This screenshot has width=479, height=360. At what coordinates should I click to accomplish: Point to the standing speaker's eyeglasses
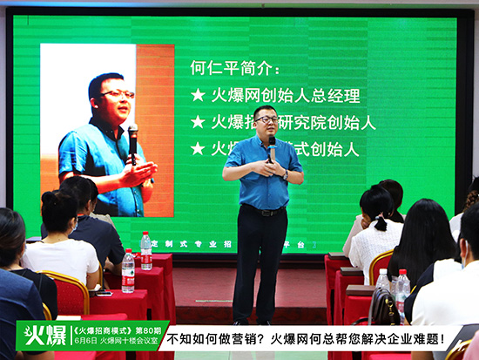[266, 119]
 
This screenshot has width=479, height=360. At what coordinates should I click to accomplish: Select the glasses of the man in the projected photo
[118, 93]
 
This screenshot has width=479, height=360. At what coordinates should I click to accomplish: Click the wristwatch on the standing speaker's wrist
[285, 174]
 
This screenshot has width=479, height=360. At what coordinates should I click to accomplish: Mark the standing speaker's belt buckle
[263, 210]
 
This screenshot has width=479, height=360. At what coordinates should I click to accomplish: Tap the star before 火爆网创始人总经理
[198, 95]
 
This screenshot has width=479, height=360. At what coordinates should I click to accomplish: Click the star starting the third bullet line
[198, 148]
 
